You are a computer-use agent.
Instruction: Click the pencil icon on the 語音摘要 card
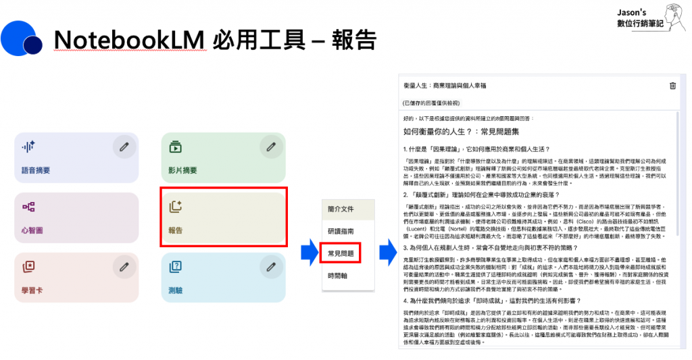pyautogui.click(x=124, y=146)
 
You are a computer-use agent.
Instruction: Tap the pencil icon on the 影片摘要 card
pyautogui.click(x=271, y=146)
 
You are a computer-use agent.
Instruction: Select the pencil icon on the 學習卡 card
pyautogui.click(x=124, y=267)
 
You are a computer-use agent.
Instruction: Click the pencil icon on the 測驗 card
pyautogui.click(x=271, y=267)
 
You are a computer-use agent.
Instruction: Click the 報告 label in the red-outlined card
pyautogui.click(x=176, y=231)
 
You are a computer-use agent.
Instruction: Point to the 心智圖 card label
pyautogui.click(x=32, y=231)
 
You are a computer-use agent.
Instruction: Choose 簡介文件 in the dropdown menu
pyautogui.click(x=340, y=209)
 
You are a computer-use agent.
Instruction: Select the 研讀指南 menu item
pyautogui.click(x=340, y=231)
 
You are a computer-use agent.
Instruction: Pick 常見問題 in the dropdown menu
pyautogui.click(x=340, y=253)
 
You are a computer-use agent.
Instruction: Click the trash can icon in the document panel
pyautogui.click(x=672, y=86)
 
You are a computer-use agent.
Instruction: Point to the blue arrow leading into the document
pyautogui.click(x=387, y=253)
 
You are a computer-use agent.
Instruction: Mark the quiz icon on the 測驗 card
pyautogui.click(x=175, y=266)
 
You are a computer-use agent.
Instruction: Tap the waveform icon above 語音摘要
pyautogui.click(x=28, y=146)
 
